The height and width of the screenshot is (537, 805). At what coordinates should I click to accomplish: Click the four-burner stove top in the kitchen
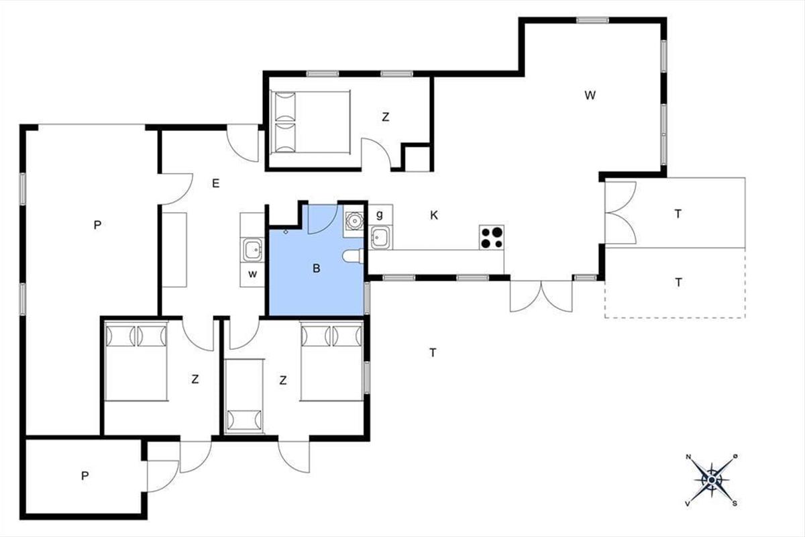(x=491, y=238)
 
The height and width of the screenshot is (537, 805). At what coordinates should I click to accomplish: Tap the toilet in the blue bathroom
(x=354, y=256)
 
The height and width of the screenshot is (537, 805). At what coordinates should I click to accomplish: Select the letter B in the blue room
(x=316, y=268)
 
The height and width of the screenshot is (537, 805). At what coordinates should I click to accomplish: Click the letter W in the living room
(x=590, y=95)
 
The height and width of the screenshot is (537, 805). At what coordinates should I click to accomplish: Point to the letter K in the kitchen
(x=434, y=215)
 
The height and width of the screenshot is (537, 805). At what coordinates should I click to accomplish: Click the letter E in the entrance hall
(x=215, y=183)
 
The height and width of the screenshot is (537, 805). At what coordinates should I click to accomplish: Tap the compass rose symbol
(x=712, y=480)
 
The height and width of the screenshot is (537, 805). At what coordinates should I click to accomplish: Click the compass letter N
(x=688, y=457)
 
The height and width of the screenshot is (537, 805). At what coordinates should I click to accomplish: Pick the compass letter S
(x=735, y=503)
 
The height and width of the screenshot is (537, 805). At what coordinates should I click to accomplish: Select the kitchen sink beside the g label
(x=380, y=238)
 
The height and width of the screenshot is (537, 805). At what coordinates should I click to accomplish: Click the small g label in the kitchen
(x=380, y=215)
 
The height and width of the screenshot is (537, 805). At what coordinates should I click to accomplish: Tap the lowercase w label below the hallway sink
(x=253, y=274)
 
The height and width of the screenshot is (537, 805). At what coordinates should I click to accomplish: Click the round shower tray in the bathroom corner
(x=354, y=220)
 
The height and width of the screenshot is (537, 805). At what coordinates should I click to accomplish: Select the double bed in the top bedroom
(x=311, y=122)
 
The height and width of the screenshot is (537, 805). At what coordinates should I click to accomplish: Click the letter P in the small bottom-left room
(x=85, y=476)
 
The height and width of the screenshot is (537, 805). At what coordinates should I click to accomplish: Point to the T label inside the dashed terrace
(x=678, y=283)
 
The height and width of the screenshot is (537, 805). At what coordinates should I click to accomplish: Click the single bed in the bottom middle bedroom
(x=244, y=396)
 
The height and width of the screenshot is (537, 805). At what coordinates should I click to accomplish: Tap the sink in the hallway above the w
(x=253, y=249)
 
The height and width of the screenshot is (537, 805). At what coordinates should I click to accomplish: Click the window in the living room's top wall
(x=592, y=20)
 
